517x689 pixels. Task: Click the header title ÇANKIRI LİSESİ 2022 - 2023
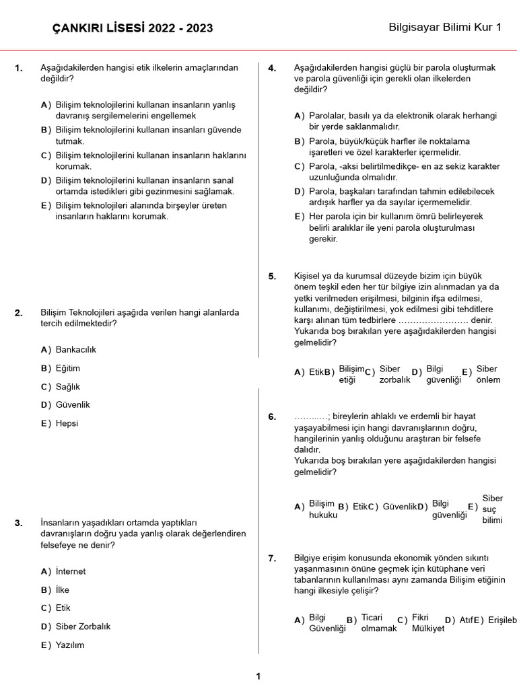click(133, 28)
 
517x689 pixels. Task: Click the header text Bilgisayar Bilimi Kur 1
click(445, 28)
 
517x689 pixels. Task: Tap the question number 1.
click(19, 68)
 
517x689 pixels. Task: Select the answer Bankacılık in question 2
click(75, 350)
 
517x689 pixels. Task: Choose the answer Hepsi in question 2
click(67, 423)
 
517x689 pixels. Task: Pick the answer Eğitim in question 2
click(67, 368)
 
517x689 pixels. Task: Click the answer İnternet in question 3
click(70, 571)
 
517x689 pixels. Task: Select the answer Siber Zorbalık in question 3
click(83, 626)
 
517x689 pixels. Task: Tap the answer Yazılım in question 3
click(70, 645)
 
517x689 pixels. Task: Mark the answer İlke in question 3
click(62, 589)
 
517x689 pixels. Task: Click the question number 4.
click(272, 68)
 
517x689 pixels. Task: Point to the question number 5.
click(272, 277)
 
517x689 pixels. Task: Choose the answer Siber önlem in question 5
click(488, 374)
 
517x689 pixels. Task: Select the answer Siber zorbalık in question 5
click(394, 374)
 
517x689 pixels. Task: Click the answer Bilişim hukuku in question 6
click(322, 509)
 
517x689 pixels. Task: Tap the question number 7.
click(272, 558)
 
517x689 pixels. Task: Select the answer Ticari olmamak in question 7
click(378, 623)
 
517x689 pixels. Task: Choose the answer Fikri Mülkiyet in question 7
click(427, 623)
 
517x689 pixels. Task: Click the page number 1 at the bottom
click(258, 676)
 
